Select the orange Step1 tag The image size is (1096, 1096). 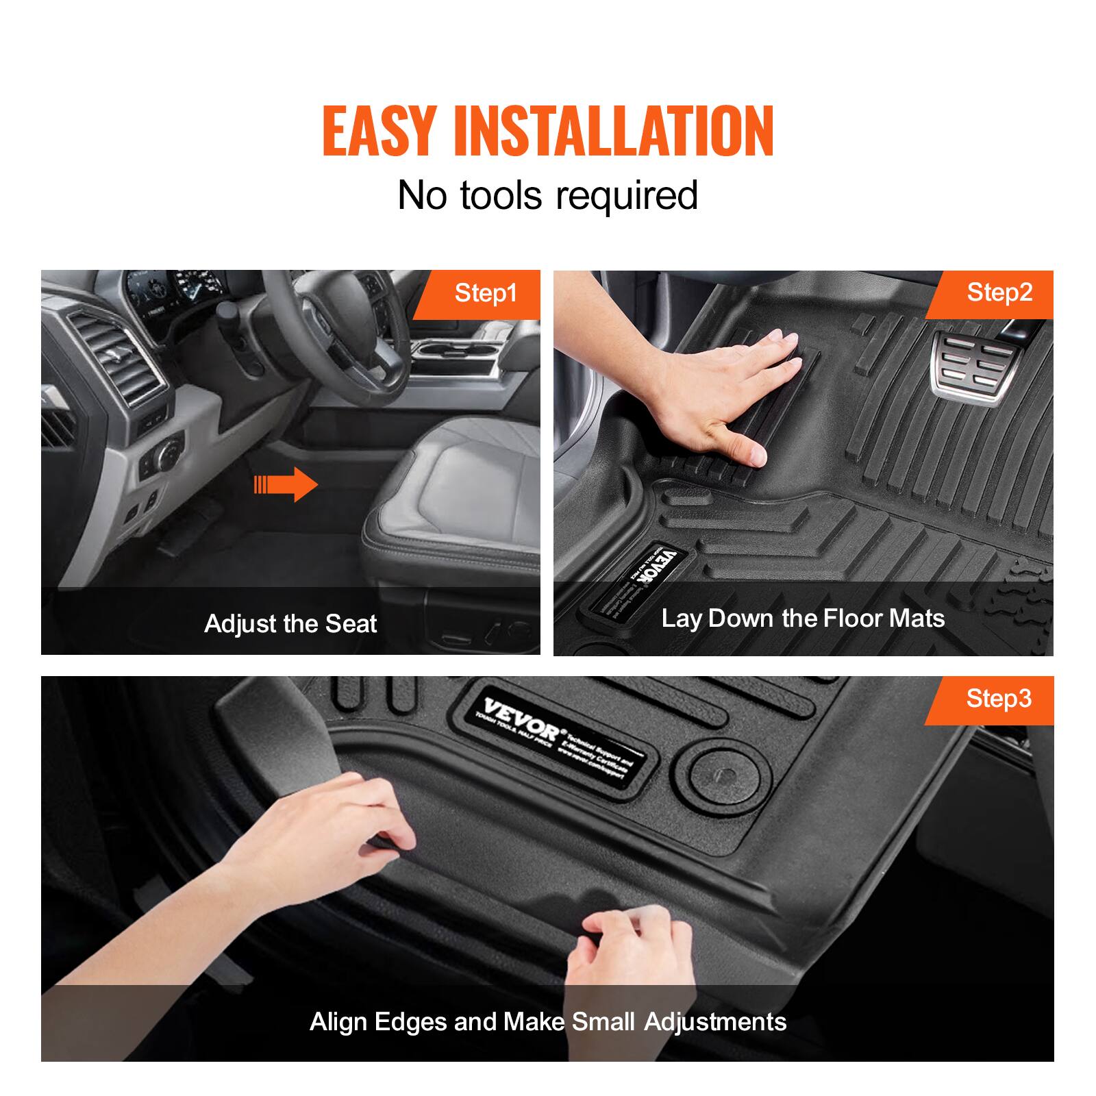coord(485,294)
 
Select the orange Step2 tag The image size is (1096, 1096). coord(999,293)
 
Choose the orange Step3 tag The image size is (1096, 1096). coord(998,699)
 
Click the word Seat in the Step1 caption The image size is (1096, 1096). coord(351,624)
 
